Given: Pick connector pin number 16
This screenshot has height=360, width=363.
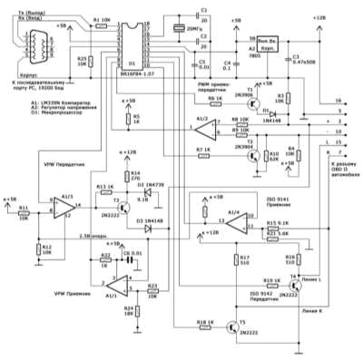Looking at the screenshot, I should click(338, 101).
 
